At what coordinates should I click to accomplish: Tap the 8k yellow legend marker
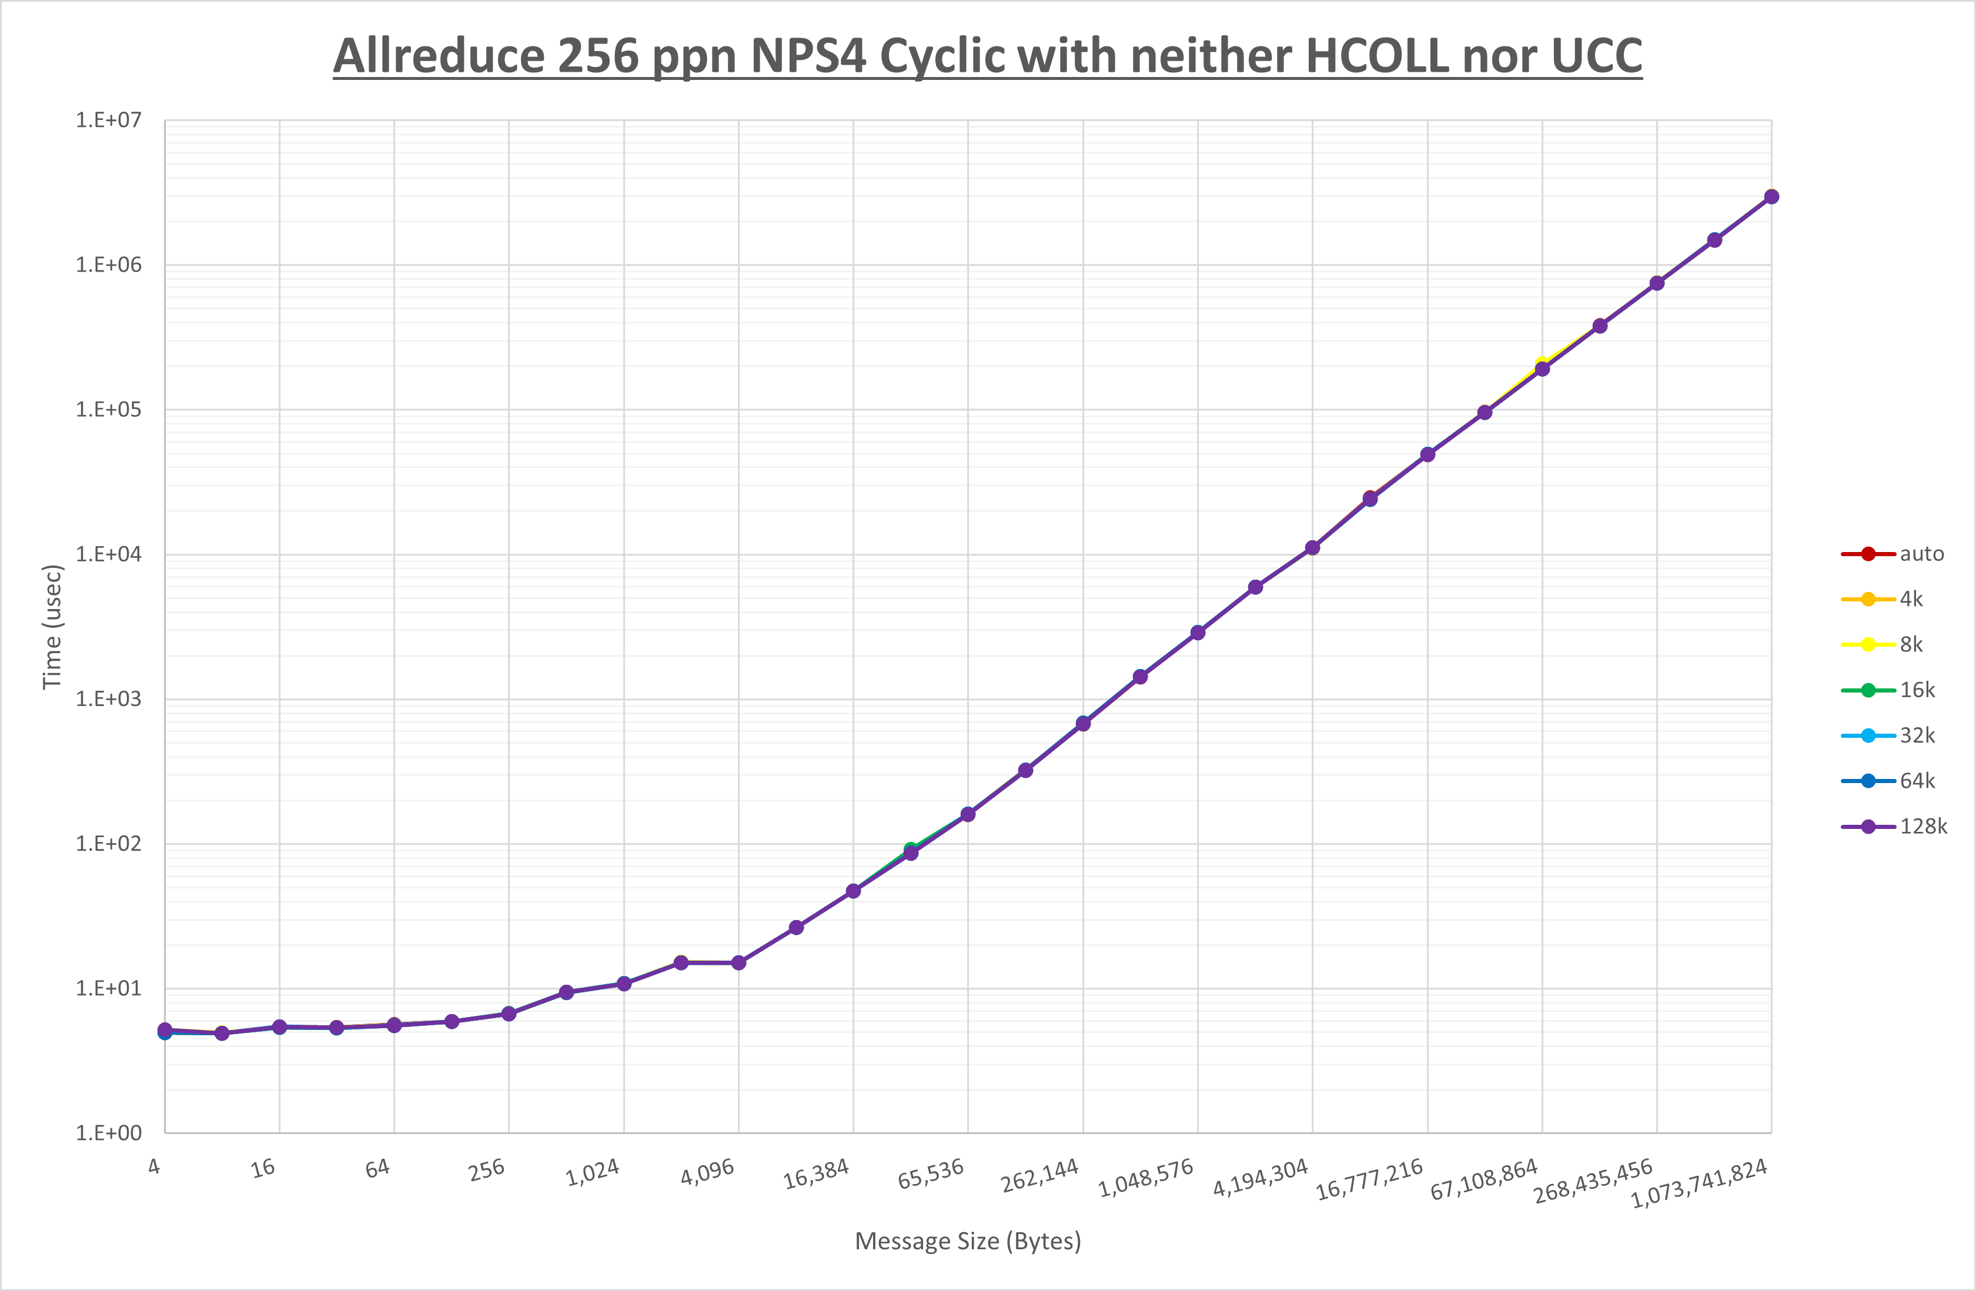[x=1868, y=645]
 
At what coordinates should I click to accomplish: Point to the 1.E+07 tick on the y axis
[x=109, y=121]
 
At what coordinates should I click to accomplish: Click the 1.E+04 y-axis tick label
[x=109, y=554]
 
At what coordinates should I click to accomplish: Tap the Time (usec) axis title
[x=52, y=627]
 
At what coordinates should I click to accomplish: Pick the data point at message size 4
[x=165, y=1031]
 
